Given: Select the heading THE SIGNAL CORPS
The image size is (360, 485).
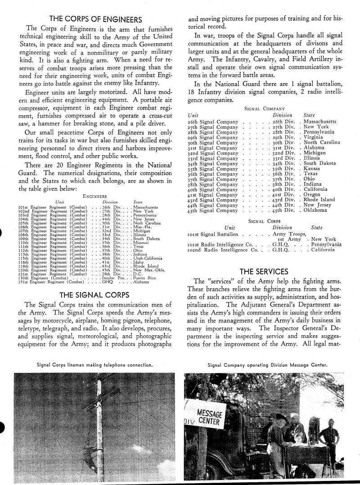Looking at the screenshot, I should [x=95, y=295].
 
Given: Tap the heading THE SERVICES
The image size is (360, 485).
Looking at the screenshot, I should [x=264, y=271].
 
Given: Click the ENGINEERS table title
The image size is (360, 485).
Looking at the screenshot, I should [x=95, y=196].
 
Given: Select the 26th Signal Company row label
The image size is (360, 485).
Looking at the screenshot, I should [x=212, y=121].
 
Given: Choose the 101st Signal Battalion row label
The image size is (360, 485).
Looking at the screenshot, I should [x=212, y=234].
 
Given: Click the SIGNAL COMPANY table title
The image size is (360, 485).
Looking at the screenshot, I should [x=264, y=108].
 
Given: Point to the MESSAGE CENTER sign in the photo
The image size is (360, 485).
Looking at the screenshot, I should [x=210, y=418].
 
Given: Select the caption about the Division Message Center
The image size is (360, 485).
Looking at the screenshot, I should [x=267, y=364].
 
